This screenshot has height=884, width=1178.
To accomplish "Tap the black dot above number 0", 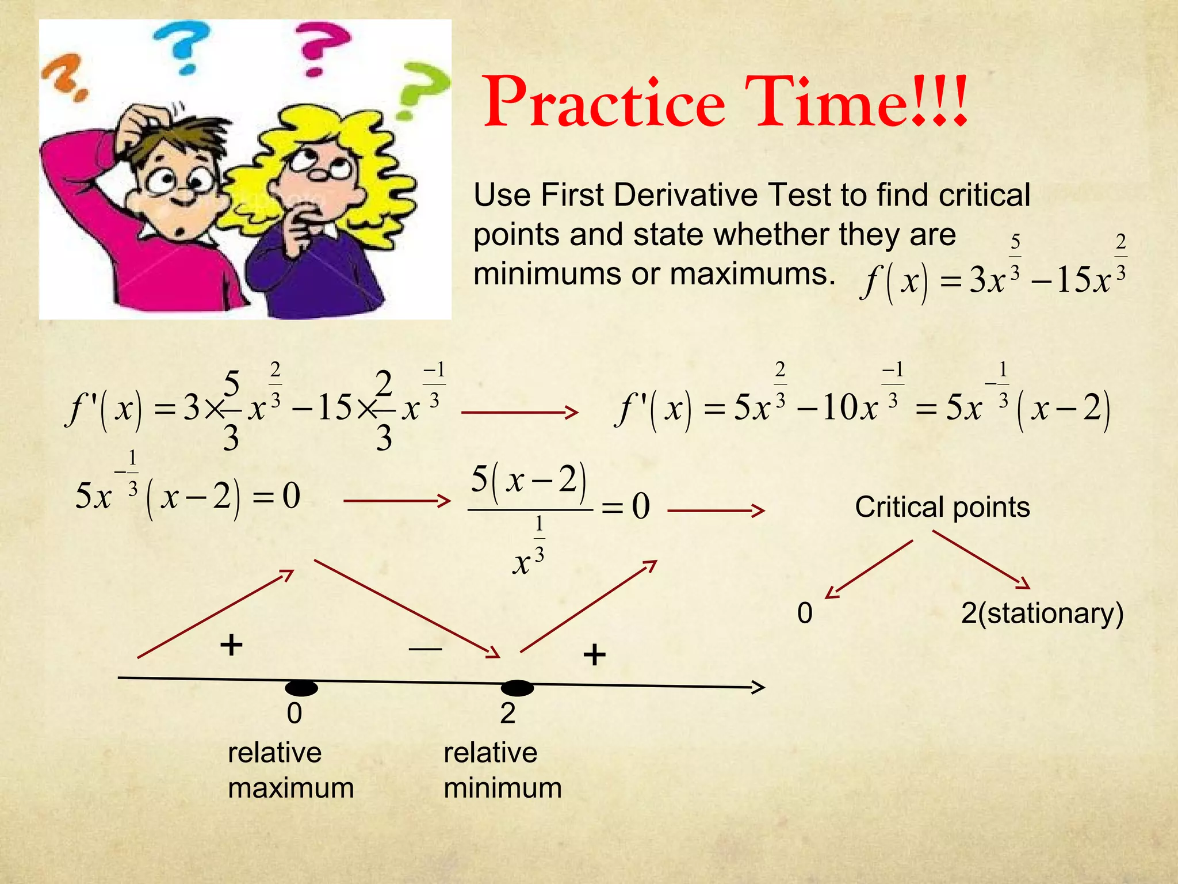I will click(301, 688).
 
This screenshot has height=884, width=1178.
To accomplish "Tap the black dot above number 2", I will click(517, 688).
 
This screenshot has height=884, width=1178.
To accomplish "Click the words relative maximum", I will click(290, 770).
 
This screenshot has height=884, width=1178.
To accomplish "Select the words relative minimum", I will click(502, 770).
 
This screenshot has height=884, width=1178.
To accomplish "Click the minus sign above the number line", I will click(425, 649).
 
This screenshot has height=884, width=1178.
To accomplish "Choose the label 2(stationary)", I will click(1042, 614).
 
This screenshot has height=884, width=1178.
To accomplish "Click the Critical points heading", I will click(942, 508).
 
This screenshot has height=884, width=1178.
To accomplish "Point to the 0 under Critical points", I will click(805, 614).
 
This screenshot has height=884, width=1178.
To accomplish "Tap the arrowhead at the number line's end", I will click(758, 687).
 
